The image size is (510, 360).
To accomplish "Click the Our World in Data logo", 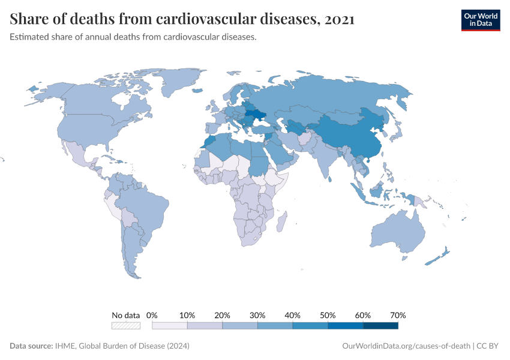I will pos(480,19).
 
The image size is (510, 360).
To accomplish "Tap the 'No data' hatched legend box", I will pos(126,326).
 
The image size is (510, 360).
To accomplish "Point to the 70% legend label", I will pos(398,315).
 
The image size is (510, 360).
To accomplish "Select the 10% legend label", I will pos(187,315).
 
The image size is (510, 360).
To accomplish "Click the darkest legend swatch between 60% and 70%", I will pos(380,326).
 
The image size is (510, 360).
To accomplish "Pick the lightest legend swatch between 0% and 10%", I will pos(170,326).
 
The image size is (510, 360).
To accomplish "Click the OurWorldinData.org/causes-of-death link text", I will pos(406,346).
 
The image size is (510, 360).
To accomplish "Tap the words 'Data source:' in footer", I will pos(31,346).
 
